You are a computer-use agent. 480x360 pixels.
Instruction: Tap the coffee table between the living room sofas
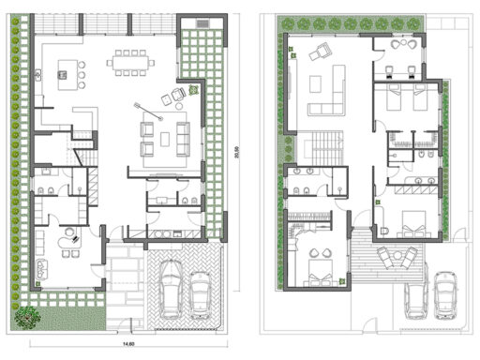pos(167,139)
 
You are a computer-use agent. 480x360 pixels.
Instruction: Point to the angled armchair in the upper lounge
pos(320,53)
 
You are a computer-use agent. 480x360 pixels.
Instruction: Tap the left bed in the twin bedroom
pos(390,96)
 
